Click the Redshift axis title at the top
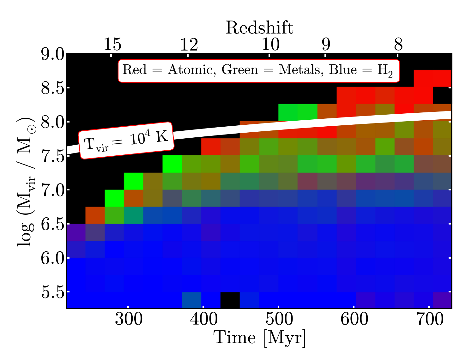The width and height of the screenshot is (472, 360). click(259, 28)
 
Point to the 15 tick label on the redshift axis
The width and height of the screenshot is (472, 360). click(112, 45)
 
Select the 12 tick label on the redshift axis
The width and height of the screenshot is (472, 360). click(189, 45)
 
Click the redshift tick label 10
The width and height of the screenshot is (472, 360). click(270, 45)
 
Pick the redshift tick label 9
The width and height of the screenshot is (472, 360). click(326, 45)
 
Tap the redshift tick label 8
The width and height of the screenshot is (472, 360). click(398, 45)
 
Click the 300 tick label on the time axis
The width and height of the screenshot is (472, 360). click(128, 320)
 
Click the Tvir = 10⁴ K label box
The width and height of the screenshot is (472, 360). click(126, 140)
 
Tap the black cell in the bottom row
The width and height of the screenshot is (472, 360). click(230, 300)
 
